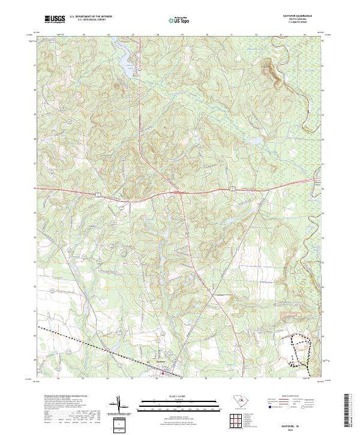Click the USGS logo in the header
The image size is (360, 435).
pyautogui.click(x=55, y=20)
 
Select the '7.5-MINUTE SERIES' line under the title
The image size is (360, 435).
pyautogui.click(x=297, y=23)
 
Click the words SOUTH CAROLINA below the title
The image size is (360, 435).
pyautogui.click(x=297, y=20)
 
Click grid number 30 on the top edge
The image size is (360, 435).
pyautogui.click(x=206, y=35)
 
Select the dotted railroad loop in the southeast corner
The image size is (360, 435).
pyautogui.click(x=299, y=351)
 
